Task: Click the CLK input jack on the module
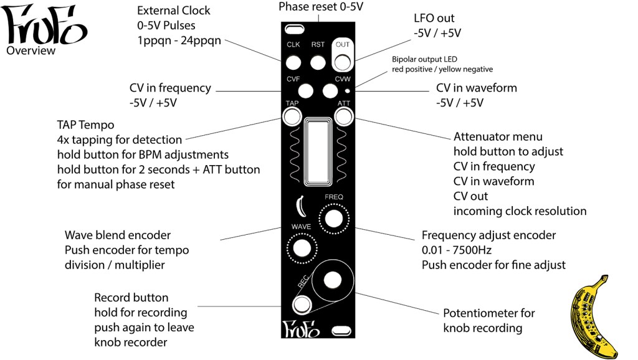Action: click(x=293, y=62)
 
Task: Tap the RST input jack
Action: click(x=318, y=62)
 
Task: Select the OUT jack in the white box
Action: click(x=342, y=62)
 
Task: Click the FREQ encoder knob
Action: click(x=333, y=218)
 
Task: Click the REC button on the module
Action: click(x=302, y=305)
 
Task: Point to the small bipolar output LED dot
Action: click(x=346, y=90)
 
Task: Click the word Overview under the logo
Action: click(x=31, y=50)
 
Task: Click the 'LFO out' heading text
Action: click(x=434, y=19)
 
